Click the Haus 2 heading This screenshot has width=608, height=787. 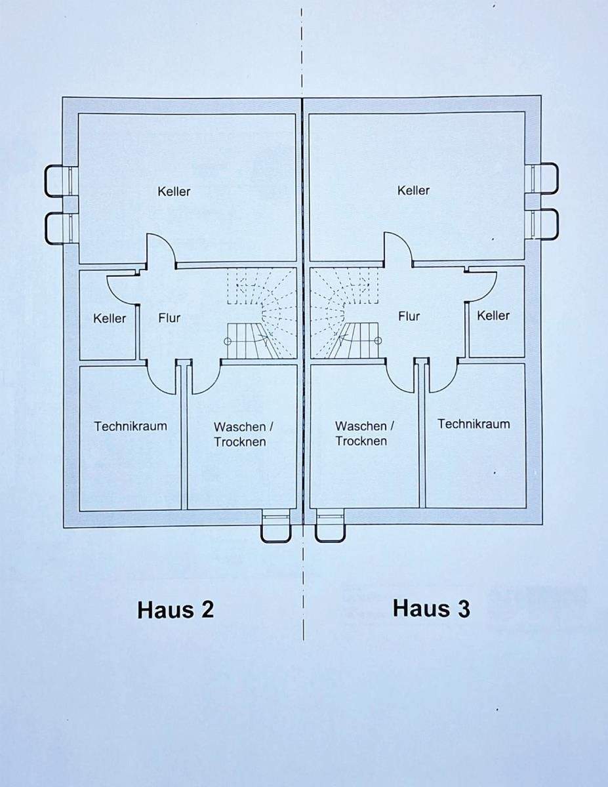[x=176, y=610]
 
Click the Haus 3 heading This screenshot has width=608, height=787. [x=432, y=609]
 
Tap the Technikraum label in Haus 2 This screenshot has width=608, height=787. [x=131, y=426]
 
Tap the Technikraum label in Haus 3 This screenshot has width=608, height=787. [x=474, y=424]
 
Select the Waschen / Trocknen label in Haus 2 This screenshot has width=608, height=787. [x=240, y=434]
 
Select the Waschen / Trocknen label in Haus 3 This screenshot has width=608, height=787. [x=361, y=433]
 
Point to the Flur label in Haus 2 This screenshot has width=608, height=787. [x=169, y=318]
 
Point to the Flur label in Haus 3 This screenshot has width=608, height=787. [x=409, y=316]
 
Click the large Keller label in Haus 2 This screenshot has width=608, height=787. [x=174, y=192]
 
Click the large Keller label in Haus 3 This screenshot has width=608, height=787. [x=413, y=190]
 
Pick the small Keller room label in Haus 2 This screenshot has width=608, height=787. [x=110, y=318]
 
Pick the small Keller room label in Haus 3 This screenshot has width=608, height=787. [x=493, y=315]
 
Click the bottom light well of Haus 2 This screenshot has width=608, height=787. [x=276, y=527]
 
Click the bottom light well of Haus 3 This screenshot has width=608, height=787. [x=330, y=527]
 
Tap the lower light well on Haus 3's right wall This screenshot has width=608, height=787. [x=544, y=224]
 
